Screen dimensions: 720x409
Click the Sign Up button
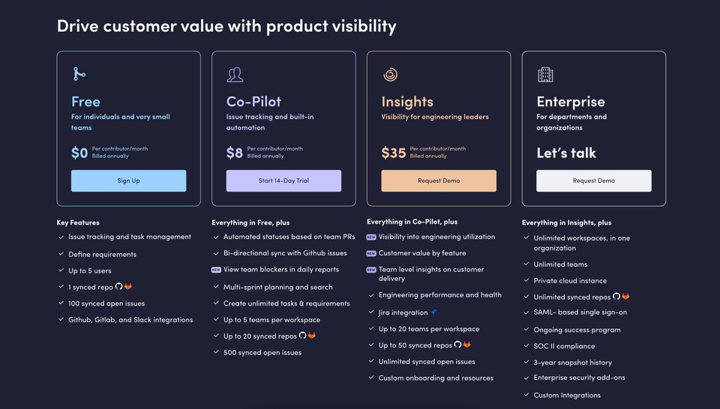click(x=128, y=181)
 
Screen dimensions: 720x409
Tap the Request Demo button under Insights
click(x=439, y=181)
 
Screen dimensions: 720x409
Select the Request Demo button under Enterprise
click(x=594, y=181)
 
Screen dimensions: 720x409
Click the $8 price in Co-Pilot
click(x=235, y=153)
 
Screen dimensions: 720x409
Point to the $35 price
click(x=394, y=153)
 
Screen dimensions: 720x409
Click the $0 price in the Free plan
click(x=79, y=153)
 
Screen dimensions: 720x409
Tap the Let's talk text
click(x=566, y=153)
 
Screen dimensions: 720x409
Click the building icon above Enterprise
click(x=545, y=74)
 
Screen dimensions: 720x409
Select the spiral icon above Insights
click(x=390, y=74)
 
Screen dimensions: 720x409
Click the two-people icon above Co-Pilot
click(x=235, y=74)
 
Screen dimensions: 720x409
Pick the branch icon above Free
click(x=79, y=74)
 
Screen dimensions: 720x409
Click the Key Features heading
click(x=78, y=222)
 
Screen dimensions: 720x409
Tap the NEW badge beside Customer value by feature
click(x=371, y=253)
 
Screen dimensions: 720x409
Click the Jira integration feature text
click(x=403, y=312)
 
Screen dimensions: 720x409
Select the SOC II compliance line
click(x=564, y=346)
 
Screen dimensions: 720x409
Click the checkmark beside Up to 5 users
click(x=61, y=270)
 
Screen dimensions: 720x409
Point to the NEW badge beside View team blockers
click(x=216, y=270)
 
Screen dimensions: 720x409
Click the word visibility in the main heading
click(x=364, y=27)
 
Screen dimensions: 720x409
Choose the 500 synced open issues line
click(x=262, y=353)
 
